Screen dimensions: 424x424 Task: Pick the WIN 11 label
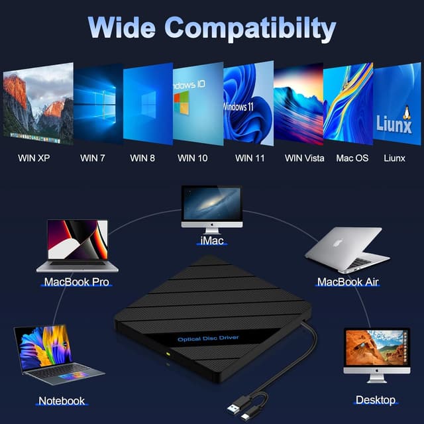coord(249,158)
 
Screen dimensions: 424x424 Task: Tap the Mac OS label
coord(352,158)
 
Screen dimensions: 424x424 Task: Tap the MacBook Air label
coord(347,282)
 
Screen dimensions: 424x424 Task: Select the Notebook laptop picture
coord(57,355)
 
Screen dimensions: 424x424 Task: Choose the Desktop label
coord(376,400)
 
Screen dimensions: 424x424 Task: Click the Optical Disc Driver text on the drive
coord(207,339)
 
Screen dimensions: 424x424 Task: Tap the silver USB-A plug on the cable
coord(237,403)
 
